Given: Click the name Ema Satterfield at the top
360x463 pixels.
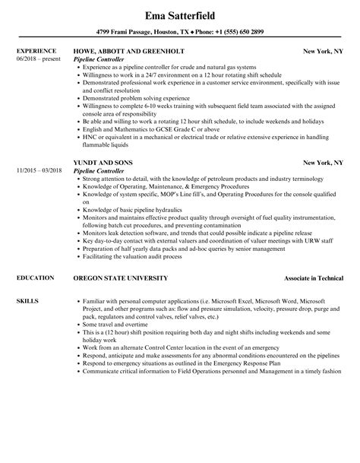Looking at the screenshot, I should [180, 14].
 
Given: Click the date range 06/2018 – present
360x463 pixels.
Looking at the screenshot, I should [36, 59].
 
